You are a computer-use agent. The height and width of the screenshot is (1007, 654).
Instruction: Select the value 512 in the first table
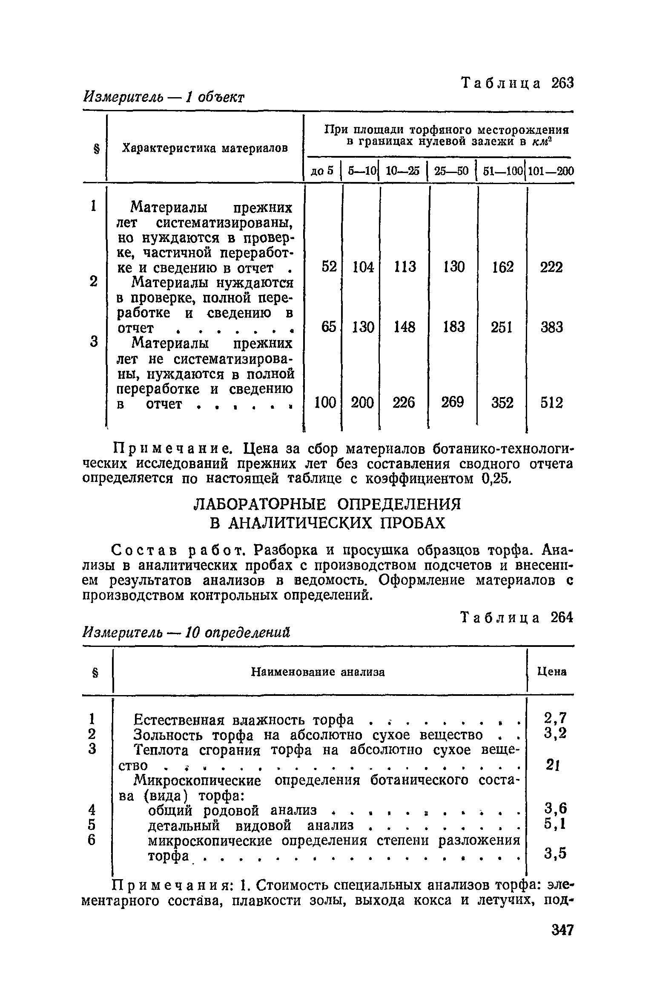pos(551,403)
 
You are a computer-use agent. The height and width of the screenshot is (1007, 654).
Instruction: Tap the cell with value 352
pos(502,403)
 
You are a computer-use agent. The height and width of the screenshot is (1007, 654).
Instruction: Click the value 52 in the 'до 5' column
pos(329,267)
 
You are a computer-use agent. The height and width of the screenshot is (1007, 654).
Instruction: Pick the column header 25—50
pos(451,171)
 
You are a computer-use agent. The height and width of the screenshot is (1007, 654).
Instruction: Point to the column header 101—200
pos(551,171)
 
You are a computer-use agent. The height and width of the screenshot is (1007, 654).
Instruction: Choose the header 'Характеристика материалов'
pos(205,148)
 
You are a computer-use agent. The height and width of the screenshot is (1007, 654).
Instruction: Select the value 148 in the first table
pos(404,327)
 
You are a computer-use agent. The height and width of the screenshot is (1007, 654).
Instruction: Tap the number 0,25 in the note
pos(496,479)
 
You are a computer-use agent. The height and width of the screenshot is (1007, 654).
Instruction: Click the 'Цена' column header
pos(552,672)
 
